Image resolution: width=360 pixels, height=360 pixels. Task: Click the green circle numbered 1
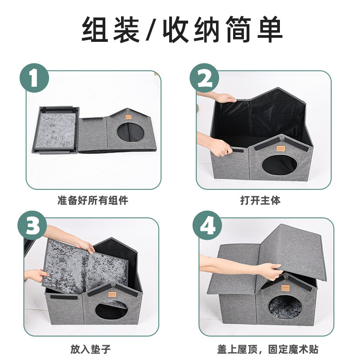pos(34,78)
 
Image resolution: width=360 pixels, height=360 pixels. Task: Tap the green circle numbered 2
pos(204,78)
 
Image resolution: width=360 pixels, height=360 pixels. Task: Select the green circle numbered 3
pos(32,225)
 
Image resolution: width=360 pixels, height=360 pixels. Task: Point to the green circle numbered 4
pos(207,225)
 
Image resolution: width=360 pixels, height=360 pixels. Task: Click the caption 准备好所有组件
pos(93,200)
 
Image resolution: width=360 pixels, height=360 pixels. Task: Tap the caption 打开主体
pos(261,200)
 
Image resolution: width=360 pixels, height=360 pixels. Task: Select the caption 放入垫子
pos(90,349)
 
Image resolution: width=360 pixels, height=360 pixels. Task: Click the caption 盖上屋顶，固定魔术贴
pos(268,349)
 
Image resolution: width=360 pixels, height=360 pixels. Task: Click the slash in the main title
pos(151,29)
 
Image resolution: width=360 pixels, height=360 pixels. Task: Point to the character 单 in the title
pos(270,29)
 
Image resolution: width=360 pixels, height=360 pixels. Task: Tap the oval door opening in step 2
pos(279,165)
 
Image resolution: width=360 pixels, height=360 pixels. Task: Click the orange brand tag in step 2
pos(280,148)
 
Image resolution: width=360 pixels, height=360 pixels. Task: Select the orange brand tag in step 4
pos(285,288)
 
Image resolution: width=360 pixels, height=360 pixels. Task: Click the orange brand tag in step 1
pos(128,117)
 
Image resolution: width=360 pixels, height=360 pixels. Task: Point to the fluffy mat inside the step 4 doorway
pos(286,306)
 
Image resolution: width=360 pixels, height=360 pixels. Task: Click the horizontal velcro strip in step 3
pos(64,297)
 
